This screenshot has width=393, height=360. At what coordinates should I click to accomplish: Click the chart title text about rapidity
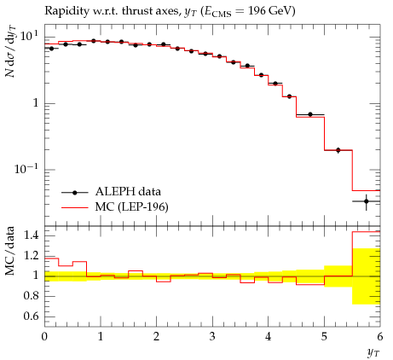[x=170, y=11]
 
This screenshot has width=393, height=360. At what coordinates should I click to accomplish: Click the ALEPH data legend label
[x=128, y=191]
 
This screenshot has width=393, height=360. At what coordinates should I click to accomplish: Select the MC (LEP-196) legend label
[x=132, y=207]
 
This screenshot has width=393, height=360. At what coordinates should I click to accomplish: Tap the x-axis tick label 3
[x=212, y=337]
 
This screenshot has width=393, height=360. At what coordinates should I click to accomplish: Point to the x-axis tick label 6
[x=380, y=337]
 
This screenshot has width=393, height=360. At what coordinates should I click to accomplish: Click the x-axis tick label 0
[x=44, y=337]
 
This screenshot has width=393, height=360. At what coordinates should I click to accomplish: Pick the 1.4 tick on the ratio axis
[x=32, y=235]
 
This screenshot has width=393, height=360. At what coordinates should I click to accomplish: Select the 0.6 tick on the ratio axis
[x=32, y=316]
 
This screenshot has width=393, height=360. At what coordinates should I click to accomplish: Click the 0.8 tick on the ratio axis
[x=32, y=296]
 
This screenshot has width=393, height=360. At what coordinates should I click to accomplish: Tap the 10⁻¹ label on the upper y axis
[x=26, y=168]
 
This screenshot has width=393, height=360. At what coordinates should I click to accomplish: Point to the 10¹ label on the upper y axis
[x=28, y=36]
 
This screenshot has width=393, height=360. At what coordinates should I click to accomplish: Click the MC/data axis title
[x=10, y=251]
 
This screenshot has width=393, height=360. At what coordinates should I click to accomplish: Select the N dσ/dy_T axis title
[x=10, y=51]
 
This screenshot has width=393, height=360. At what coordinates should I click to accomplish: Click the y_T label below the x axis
[x=373, y=353]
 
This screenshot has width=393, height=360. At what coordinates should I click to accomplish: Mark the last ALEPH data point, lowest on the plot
[x=367, y=201]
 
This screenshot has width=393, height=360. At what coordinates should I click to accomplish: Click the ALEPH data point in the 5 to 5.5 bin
[x=338, y=150]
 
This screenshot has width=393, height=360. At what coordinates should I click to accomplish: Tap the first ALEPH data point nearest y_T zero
[x=51, y=49]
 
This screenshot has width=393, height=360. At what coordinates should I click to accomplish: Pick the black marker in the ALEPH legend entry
[x=75, y=193]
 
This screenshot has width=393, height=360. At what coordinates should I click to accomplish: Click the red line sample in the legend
[x=75, y=208]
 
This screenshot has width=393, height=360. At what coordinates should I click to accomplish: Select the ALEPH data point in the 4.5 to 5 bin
[x=310, y=114]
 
